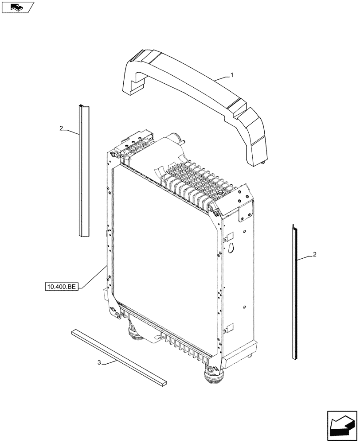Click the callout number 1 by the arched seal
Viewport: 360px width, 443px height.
pyautogui.click(x=231, y=76)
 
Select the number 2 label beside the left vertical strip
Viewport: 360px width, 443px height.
pyautogui.click(x=61, y=128)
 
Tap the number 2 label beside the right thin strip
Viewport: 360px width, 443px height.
pyautogui.click(x=314, y=254)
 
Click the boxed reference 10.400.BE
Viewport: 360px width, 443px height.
pyautogui.click(x=62, y=287)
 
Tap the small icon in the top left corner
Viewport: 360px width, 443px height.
pyautogui.click(x=18, y=7)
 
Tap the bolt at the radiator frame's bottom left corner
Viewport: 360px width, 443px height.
pyautogui.click(x=117, y=315)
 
